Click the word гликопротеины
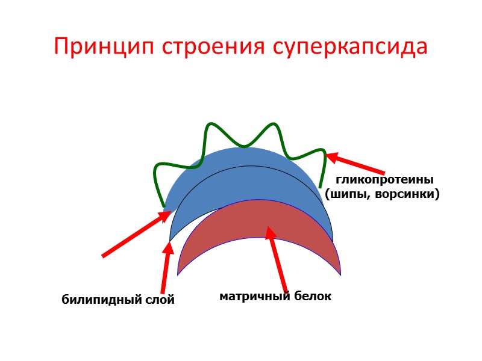click(x=384, y=180)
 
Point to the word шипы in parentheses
click(x=348, y=194)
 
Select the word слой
click(x=158, y=300)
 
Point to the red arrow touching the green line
click(x=355, y=164)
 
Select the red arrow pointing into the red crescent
click(x=278, y=259)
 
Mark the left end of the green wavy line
click(x=164, y=206)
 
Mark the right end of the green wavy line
click(x=320, y=187)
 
